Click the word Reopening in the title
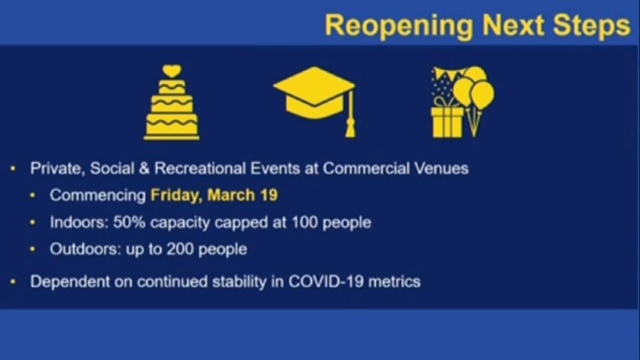[399, 26]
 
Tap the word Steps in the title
[591, 26]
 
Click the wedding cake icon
[172, 102]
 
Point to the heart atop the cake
[172, 71]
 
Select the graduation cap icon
[315, 101]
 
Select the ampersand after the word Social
[144, 168]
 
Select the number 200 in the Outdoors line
[180, 249]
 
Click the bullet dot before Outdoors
[33, 249]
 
